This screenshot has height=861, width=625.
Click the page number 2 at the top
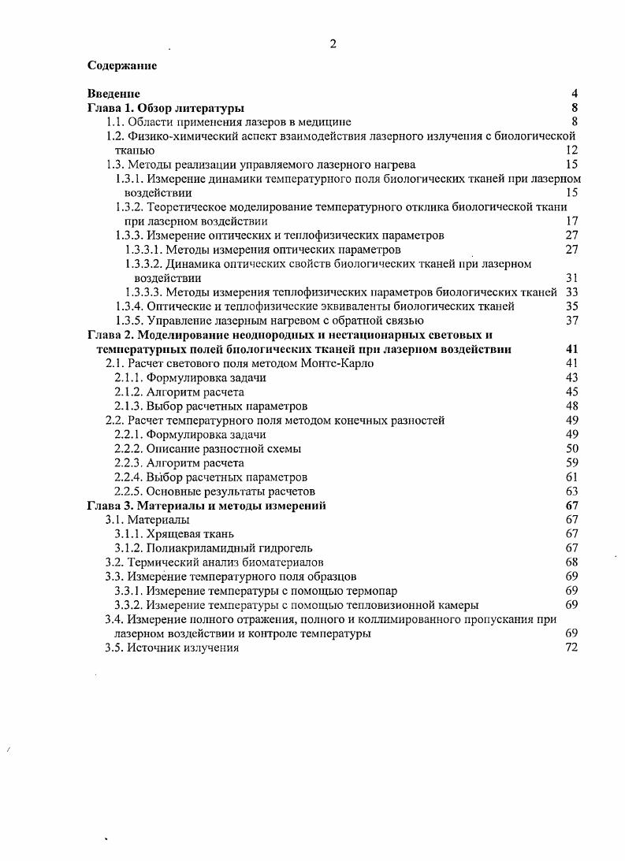tap(333, 44)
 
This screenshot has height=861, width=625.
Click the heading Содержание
tap(121, 65)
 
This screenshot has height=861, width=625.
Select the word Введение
tap(113, 94)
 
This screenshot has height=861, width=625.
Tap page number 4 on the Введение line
tap(575, 94)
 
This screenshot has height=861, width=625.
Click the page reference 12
tap(572, 150)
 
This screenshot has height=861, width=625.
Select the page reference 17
tap(572, 221)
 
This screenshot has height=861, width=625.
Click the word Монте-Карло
tap(338, 363)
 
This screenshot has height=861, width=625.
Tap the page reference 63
tap(572, 491)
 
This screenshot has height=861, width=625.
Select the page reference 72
tap(572, 647)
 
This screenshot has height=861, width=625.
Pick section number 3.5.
tap(116, 647)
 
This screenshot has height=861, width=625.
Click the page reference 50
tap(572, 448)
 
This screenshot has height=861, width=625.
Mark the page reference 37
tap(572, 321)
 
